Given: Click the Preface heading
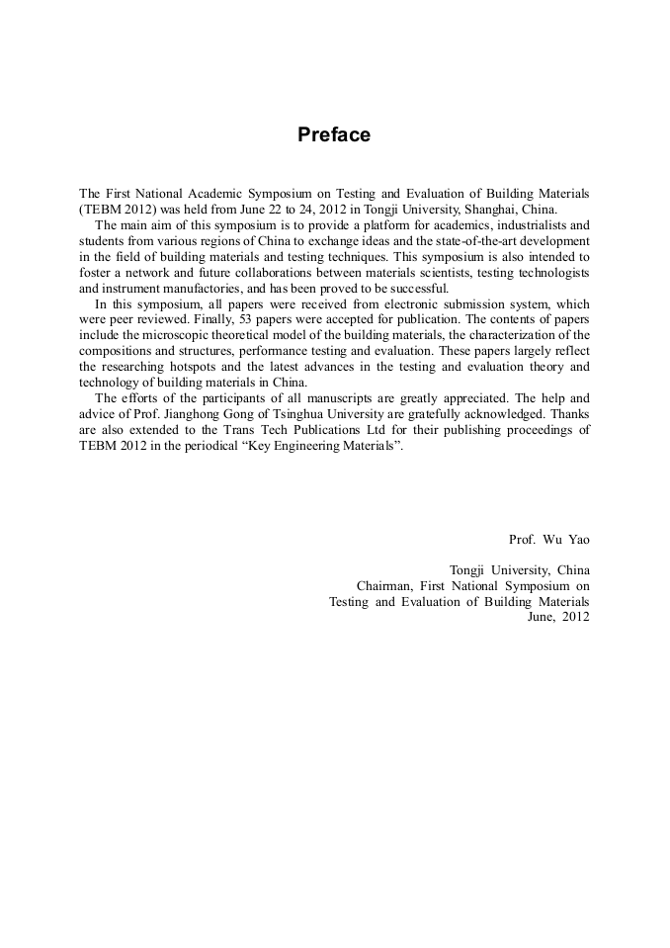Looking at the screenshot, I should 334,134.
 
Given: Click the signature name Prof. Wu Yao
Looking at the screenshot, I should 548,540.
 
